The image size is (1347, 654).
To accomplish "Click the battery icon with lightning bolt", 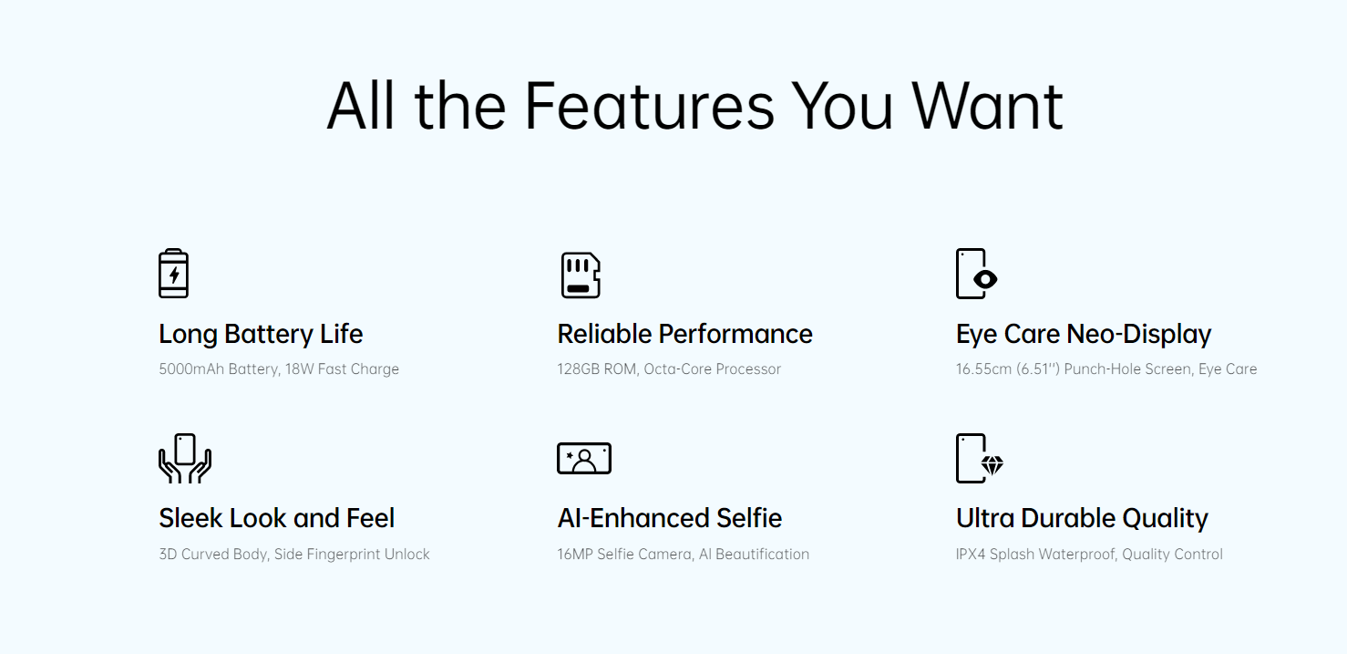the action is [173, 273].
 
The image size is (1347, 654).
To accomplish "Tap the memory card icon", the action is [581, 275].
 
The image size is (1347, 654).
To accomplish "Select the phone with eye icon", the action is [976, 274].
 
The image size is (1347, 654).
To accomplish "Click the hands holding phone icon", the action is [185, 459].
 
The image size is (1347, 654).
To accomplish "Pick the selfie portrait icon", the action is [584, 459].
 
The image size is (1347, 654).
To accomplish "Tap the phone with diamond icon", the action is [980, 459].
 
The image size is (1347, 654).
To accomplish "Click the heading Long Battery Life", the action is [261, 335].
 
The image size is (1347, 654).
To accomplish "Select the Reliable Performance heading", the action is [684, 334].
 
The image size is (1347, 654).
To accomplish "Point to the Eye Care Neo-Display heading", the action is [1083, 335].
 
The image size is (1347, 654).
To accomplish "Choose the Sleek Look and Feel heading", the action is [277, 518].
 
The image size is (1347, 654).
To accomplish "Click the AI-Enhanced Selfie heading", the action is [669, 518].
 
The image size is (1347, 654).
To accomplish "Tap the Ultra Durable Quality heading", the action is [1082, 519].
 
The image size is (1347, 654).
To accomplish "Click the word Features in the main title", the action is [649, 106].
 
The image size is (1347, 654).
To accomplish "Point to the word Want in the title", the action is [987, 106].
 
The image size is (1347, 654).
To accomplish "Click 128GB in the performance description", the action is [579, 369].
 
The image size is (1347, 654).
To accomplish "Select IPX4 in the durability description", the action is [971, 555].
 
